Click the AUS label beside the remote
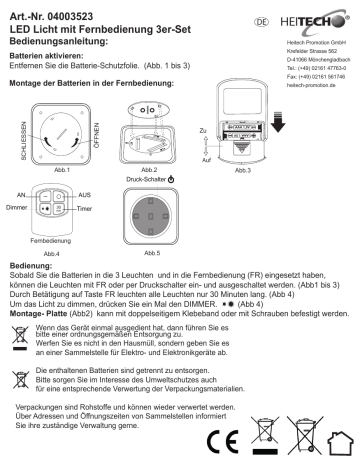click(86, 194)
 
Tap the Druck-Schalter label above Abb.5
click(150, 181)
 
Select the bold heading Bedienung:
click(30, 265)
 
